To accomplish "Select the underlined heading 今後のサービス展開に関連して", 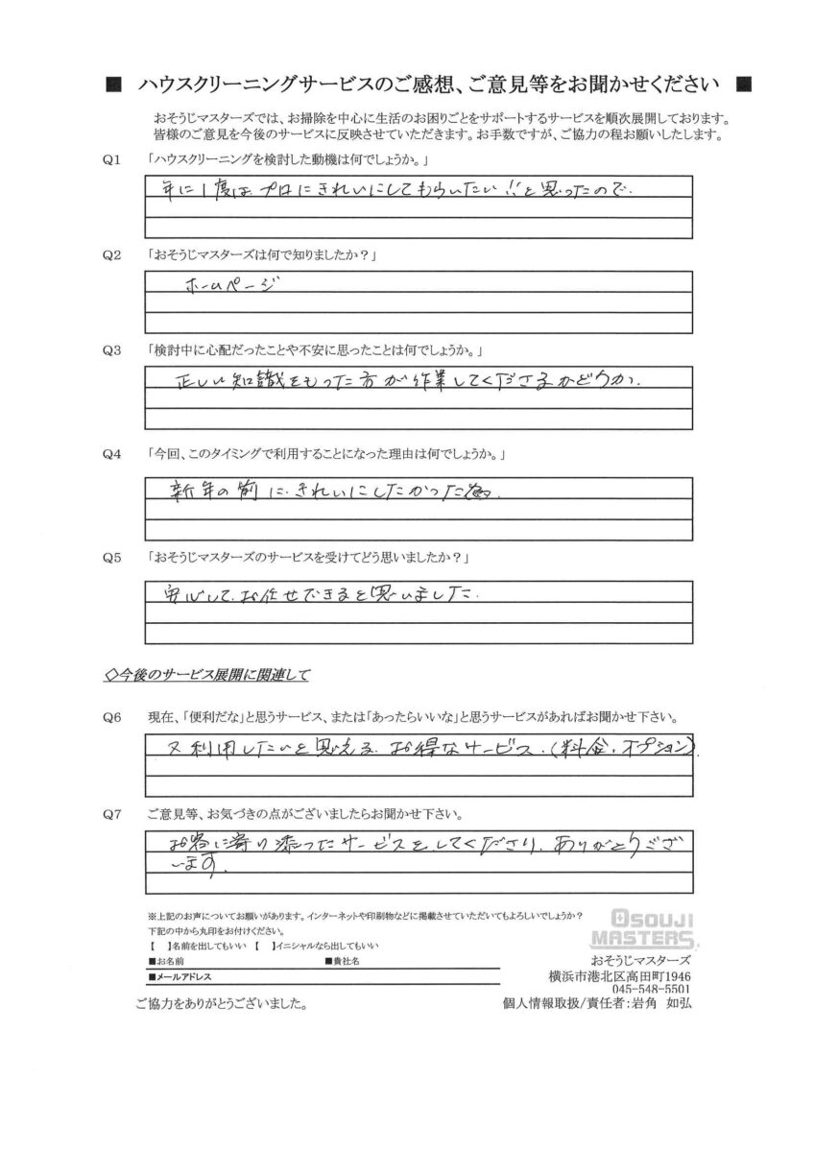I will click(206, 674).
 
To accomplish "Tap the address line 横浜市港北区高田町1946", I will click(622, 975).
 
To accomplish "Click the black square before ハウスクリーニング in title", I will click(113, 84).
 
